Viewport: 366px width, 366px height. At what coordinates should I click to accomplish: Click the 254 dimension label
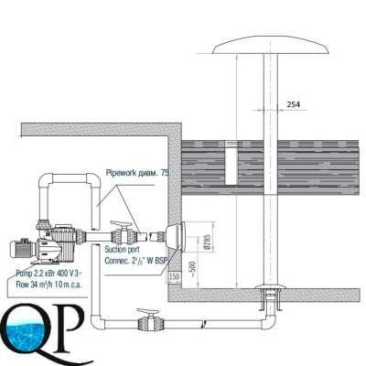[x=294, y=104]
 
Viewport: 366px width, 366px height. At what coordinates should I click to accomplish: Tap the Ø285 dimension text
[x=208, y=242]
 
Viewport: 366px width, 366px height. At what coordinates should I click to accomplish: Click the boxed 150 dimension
[x=175, y=277]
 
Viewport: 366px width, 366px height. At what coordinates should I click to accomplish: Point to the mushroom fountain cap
[x=271, y=47]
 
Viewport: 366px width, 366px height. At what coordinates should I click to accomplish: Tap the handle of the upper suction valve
[x=120, y=224]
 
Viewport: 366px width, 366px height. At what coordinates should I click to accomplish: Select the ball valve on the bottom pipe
[x=149, y=320]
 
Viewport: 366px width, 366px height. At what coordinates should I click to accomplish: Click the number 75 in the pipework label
[x=165, y=173]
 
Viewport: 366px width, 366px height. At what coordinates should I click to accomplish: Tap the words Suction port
[x=122, y=250]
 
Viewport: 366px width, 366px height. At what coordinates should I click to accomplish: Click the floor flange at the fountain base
[x=271, y=286]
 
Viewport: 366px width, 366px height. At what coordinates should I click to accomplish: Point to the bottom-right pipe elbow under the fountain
[x=269, y=322]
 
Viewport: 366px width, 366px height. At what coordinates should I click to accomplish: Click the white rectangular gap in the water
[x=231, y=163]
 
